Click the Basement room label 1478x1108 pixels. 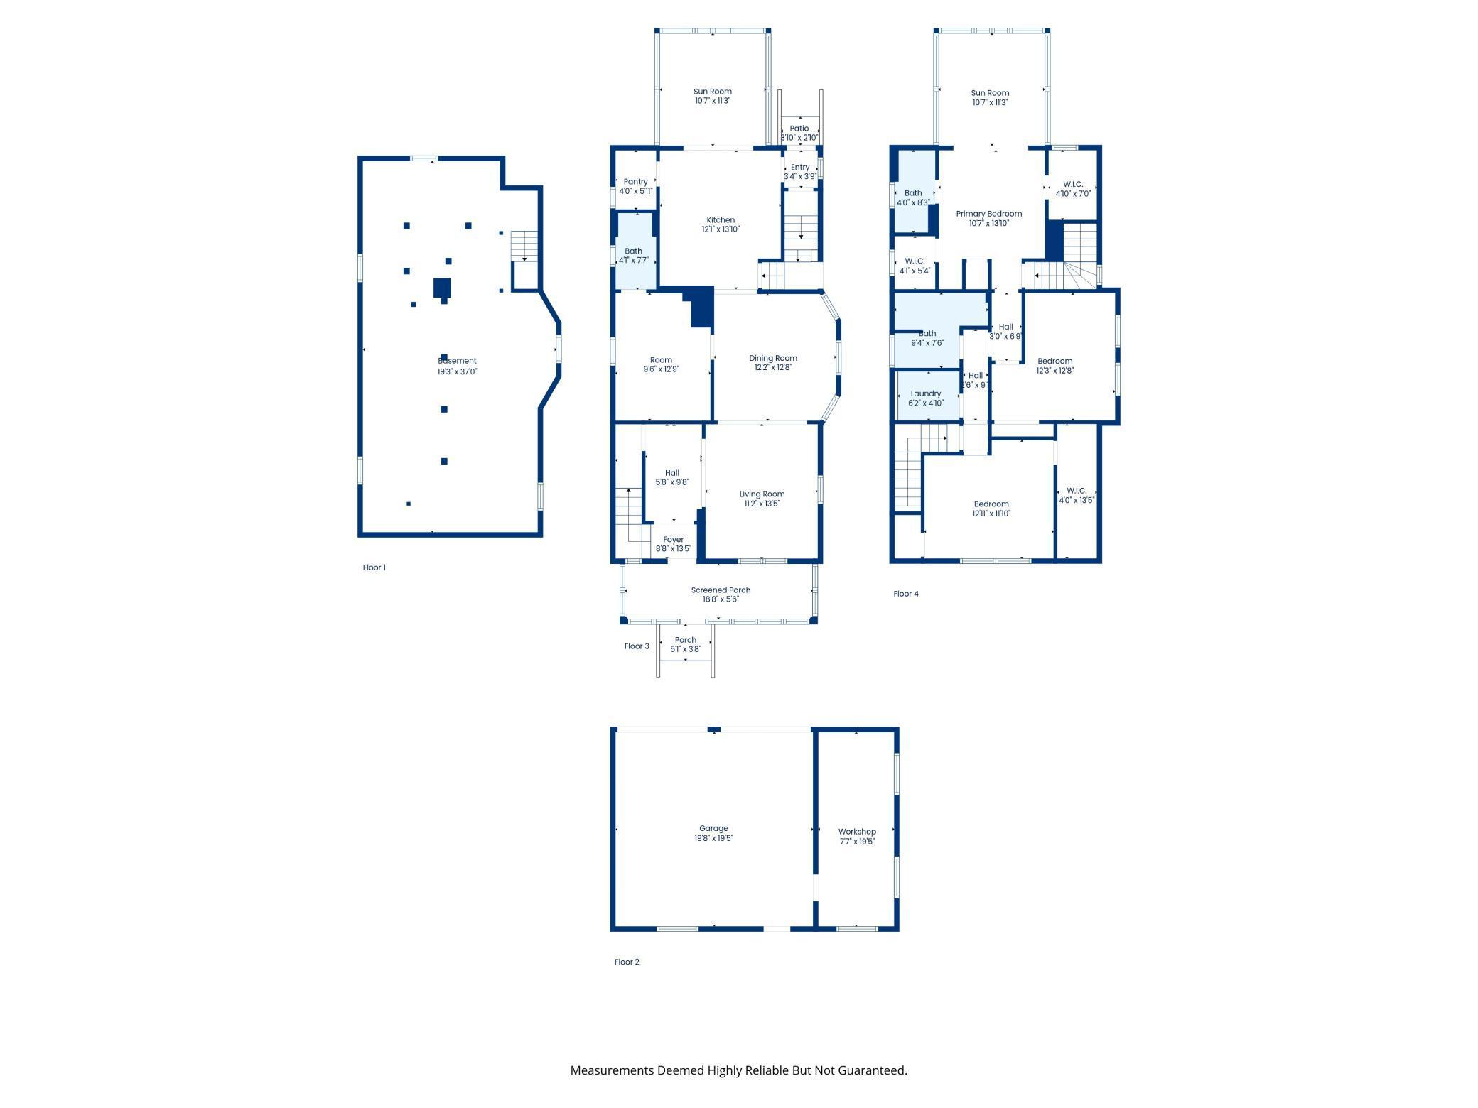457,361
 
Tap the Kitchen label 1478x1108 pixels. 721,220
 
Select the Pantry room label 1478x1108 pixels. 636,182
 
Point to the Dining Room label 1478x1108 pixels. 773,358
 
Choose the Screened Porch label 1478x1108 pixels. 721,590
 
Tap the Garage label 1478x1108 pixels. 713,828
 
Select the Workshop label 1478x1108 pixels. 857,832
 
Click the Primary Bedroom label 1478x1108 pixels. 989,214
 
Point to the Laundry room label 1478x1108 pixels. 926,393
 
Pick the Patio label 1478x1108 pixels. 799,129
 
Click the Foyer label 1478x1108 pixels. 674,540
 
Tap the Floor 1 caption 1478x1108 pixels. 374,567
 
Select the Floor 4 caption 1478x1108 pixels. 906,594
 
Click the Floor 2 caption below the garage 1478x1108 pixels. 627,962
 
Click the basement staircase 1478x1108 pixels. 524,246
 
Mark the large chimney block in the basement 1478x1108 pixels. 443,288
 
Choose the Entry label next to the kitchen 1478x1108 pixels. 800,168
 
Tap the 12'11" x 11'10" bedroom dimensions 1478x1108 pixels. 991,514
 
